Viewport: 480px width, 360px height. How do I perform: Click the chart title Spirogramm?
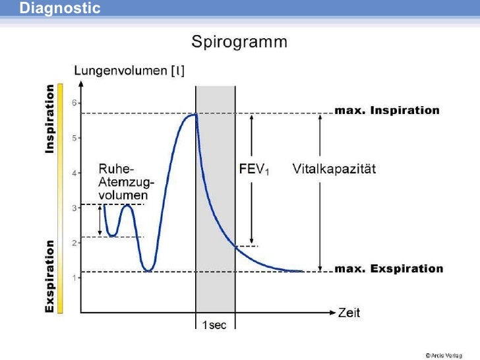[x=239, y=43]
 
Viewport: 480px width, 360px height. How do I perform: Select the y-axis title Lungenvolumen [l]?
[x=129, y=71]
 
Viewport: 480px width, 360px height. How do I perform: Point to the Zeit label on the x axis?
[x=349, y=313]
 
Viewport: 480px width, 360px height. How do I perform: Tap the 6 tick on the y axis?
[x=74, y=103]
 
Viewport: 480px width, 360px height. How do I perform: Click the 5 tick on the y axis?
[x=74, y=138]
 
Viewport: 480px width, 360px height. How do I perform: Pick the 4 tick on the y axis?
[x=74, y=173]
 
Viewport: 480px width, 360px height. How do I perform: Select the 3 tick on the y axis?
[x=74, y=208]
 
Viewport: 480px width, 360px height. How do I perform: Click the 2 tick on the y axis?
[x=74, y=243]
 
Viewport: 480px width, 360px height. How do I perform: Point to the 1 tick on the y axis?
[x=74, y=278]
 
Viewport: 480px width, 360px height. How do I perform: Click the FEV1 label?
[x=253, y=169]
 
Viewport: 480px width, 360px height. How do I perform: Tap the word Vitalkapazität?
[x=334, y=169]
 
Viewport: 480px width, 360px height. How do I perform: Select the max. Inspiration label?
[x=387, y=111]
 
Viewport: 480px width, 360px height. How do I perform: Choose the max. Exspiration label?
[x=389, y=269]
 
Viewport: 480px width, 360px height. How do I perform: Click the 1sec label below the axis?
[x=214, y=326]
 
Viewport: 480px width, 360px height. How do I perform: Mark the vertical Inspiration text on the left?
[x=49, y=119]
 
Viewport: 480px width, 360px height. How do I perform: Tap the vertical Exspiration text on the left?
[x=49, y=276]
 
